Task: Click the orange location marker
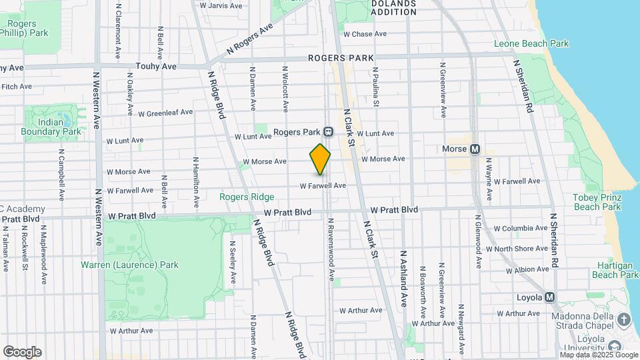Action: [x=320, y=160]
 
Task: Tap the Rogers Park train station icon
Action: [x=328, y=132]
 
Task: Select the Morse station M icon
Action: [x=475, y=149]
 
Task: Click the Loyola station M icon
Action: [x=550, y=297]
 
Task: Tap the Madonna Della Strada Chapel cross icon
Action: [x=623, y=319]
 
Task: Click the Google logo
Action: [x=22, y=352]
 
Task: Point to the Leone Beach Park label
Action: [x=531, y=44]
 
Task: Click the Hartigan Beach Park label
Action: [x=615, y=270]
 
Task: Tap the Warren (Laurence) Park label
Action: [x=129, y=265]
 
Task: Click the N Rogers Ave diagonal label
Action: [x=250, y=39]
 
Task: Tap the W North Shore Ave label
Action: [x=517, y=249]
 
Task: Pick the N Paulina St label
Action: [x=375, y=87]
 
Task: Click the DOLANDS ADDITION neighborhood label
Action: [x=393, y=7]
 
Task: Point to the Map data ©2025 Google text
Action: [x=599, y=354]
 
